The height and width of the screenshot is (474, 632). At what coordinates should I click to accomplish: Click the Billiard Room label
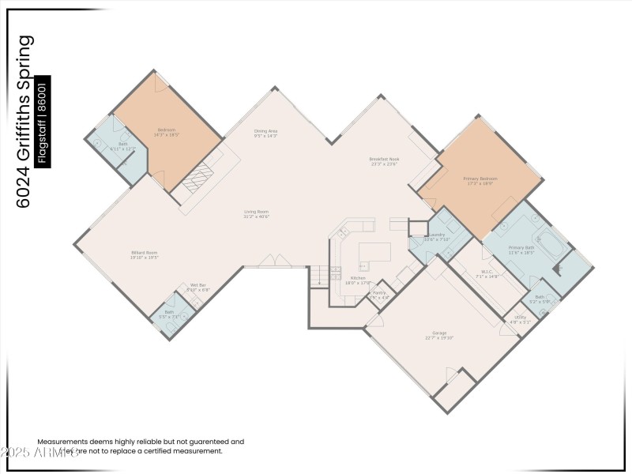(x=145, y=253)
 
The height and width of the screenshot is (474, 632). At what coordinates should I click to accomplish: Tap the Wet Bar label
(x=197, y=285)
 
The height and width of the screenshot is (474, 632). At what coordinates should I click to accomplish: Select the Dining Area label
(x=265, y=130)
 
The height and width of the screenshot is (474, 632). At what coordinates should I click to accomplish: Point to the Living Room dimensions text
(x=256, y=216)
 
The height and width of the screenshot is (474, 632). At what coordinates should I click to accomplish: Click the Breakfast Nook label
(x=386, y=159)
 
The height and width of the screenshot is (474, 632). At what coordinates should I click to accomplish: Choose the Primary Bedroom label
(x=480, y=179)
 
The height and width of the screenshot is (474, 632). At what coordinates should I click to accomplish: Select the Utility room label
(x=520, y=317)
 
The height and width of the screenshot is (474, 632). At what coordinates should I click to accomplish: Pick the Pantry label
(x=379, y=293)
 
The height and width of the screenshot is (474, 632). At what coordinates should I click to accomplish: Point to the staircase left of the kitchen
(x=318, y=276)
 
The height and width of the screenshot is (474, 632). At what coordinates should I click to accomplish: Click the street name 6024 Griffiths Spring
(x=24, y=121)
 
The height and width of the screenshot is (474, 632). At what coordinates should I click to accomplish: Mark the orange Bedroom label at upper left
(x=166, y=130)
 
